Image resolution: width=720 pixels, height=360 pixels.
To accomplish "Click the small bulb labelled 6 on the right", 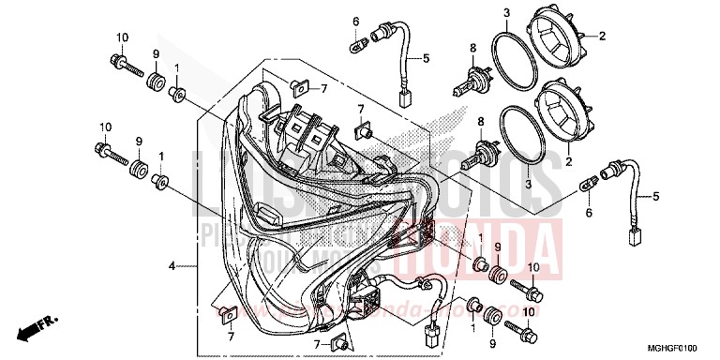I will (x=592, y=183).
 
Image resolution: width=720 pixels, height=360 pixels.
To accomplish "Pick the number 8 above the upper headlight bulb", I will (x=473, y=46).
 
